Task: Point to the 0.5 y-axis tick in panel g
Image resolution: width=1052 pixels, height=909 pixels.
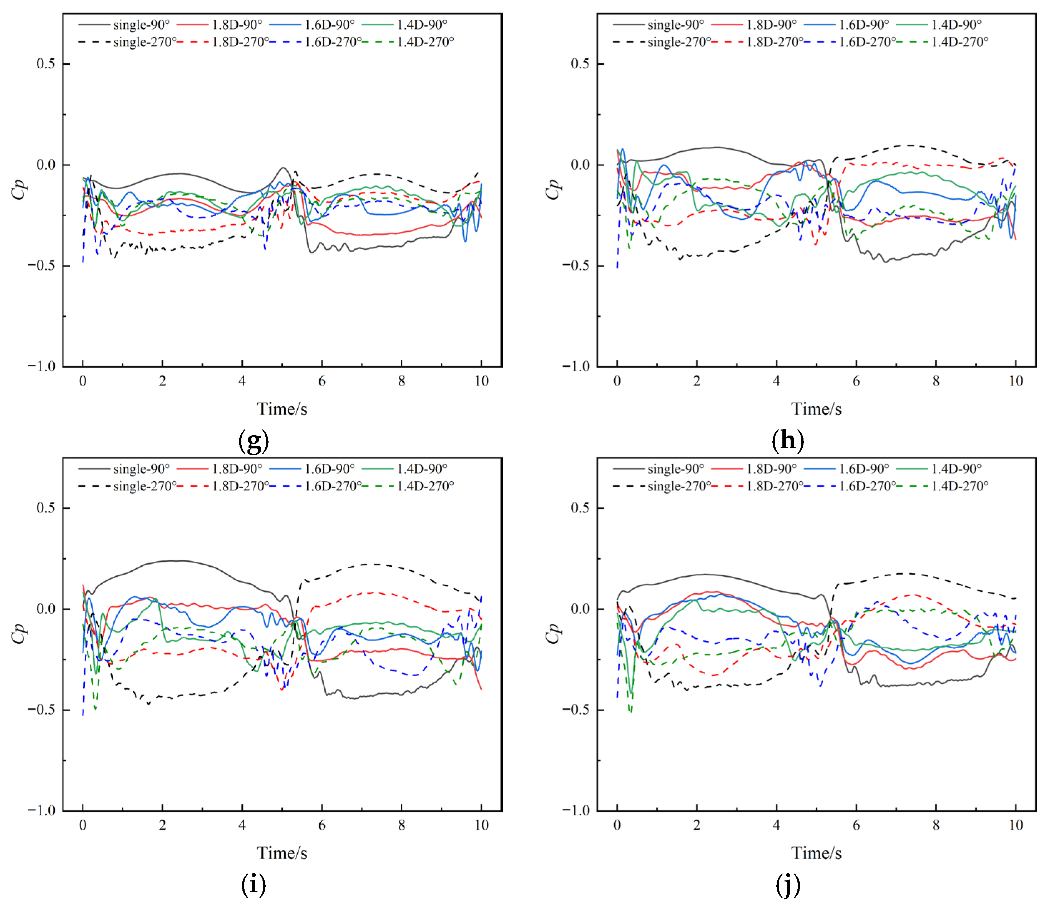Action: pyautogui.click(x=46, y=64)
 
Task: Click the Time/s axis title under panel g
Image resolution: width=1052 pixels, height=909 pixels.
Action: pyautogui.click(x=282, y=409)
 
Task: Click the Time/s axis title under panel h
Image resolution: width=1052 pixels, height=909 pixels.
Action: pyautogui.click(x=816, y=409)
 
